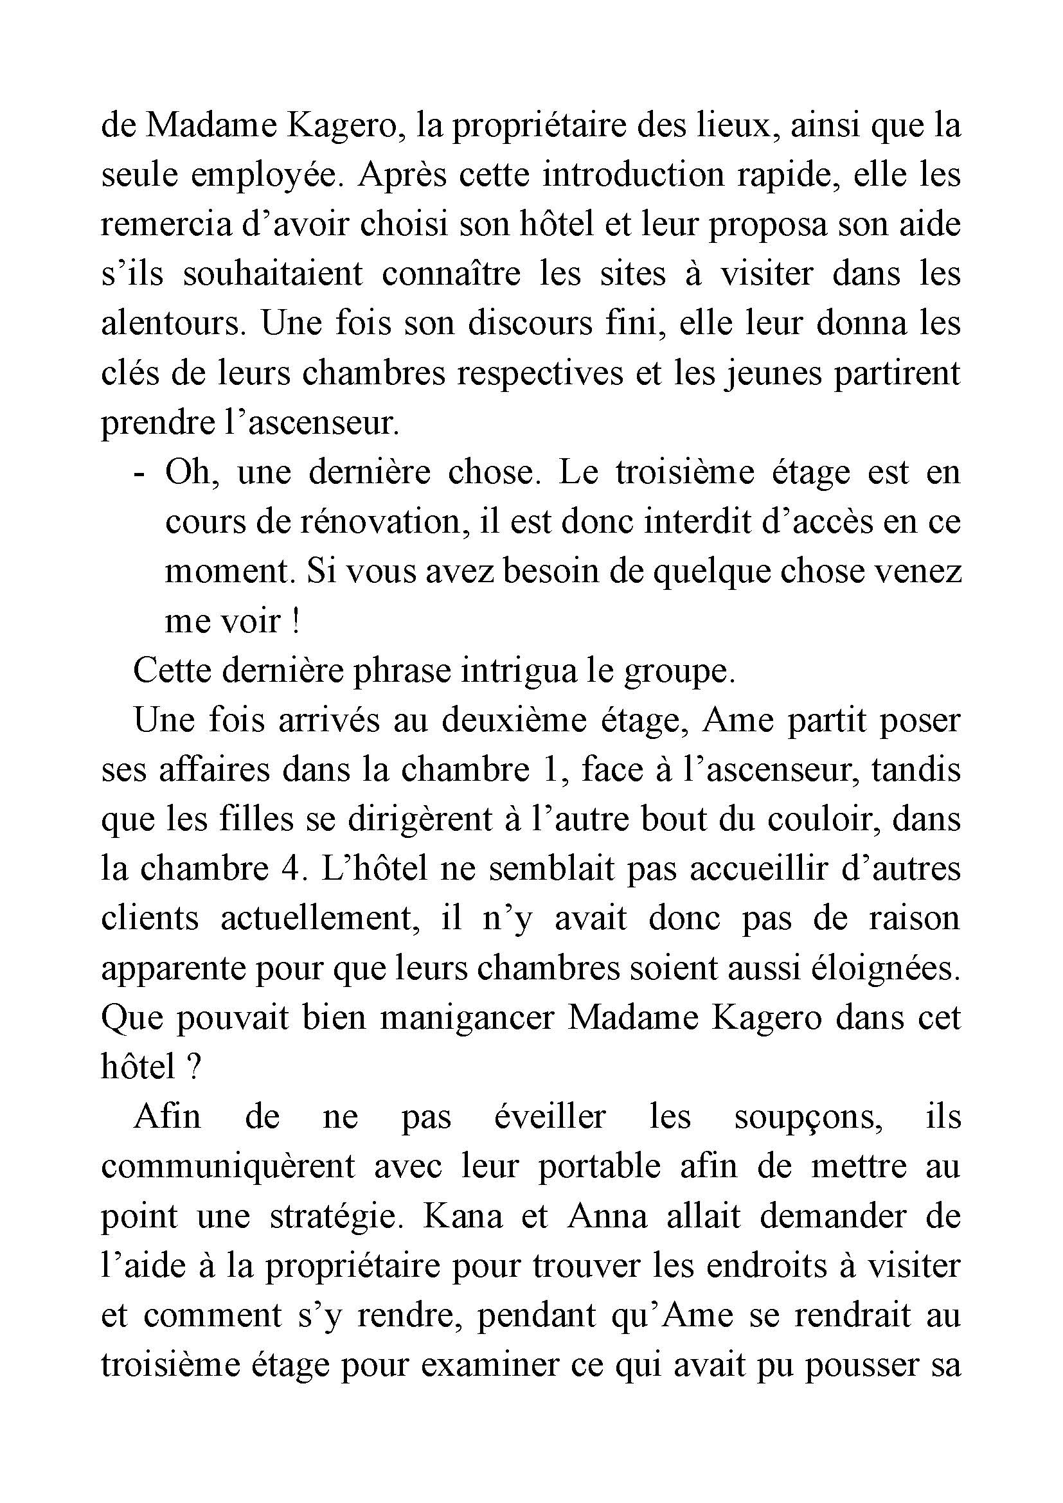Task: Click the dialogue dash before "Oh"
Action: point(138,473)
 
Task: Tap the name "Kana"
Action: point(463,1216)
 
